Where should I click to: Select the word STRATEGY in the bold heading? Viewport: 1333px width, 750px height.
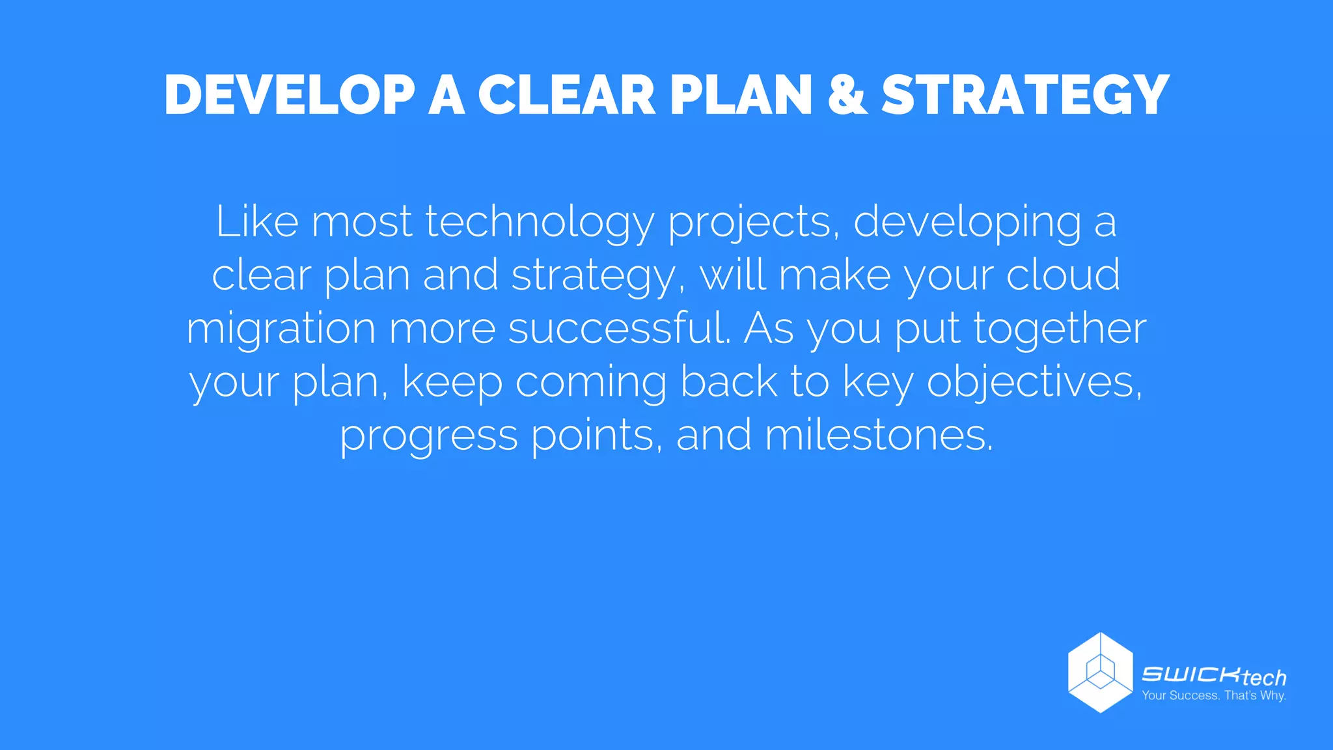(x=1026, y=96)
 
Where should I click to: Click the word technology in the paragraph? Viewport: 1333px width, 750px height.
(x=540, y=223)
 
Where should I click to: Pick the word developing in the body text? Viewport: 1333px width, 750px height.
(x=967, y=223)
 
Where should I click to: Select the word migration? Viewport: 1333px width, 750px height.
(x=281, y=329)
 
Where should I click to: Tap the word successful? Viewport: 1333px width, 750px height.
(x=619, y=327)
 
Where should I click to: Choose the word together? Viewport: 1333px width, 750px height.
(x=1060, y=329)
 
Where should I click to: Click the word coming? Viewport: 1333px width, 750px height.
(x=591, y=382)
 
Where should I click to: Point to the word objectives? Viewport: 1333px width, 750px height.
(x=1034, y=382)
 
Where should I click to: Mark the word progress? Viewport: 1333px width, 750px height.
(x=429, y=436)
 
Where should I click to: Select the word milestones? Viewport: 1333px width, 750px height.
(x=879, y=434)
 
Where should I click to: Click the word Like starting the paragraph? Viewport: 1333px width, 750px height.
(x=257, y=221)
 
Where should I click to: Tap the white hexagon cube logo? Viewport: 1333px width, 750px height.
(x=1100, y=673)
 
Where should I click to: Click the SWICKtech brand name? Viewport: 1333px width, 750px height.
(x=1214, y=676)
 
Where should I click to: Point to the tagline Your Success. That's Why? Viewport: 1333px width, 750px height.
(x=1214, y=696)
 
